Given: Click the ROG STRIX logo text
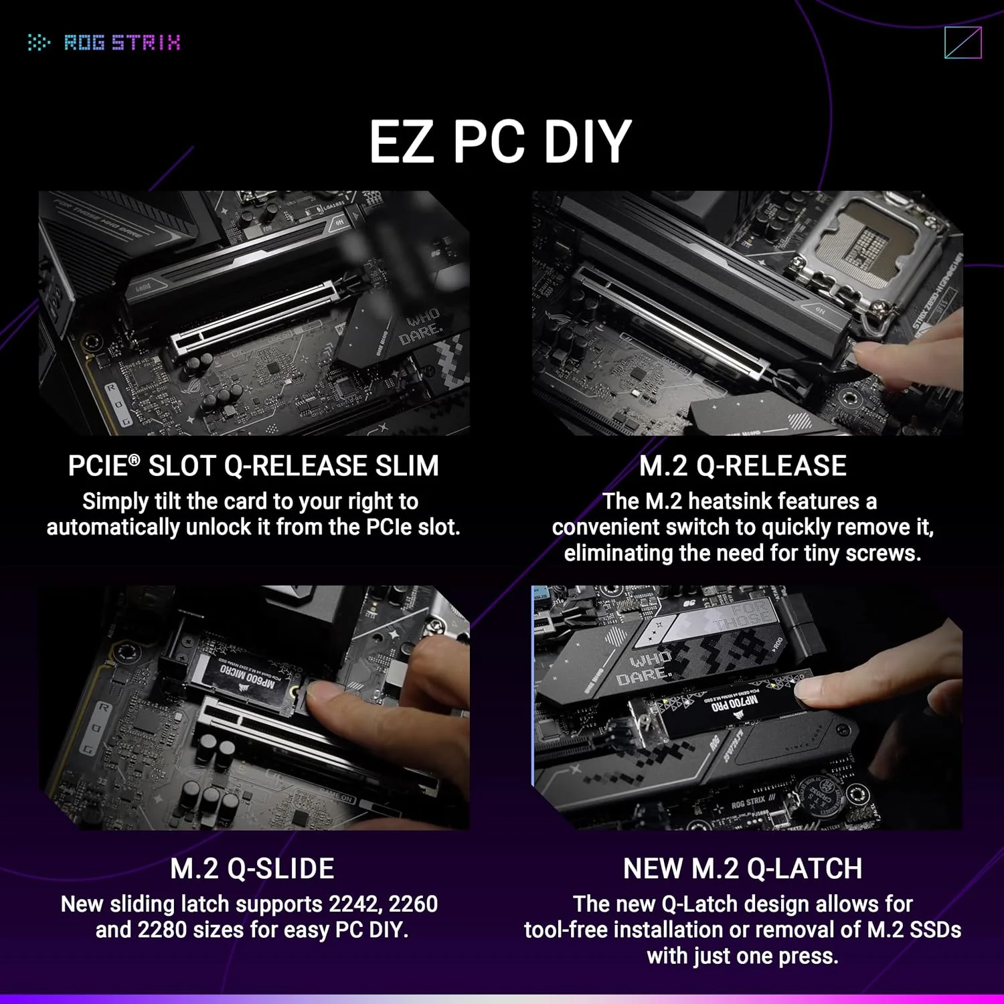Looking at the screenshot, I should tap(121, 43).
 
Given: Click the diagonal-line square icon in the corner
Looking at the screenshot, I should tap(963, 43).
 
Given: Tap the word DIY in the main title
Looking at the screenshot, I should tap(587, 141).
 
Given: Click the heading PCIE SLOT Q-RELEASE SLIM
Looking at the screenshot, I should tap(253, 466).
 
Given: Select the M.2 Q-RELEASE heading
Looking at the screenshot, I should tap(742, 466).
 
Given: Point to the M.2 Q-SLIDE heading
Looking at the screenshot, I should tap(252, 868).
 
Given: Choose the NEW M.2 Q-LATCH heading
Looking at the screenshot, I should tap(742, 868).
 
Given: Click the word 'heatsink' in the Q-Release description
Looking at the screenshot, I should tap(732, 501).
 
